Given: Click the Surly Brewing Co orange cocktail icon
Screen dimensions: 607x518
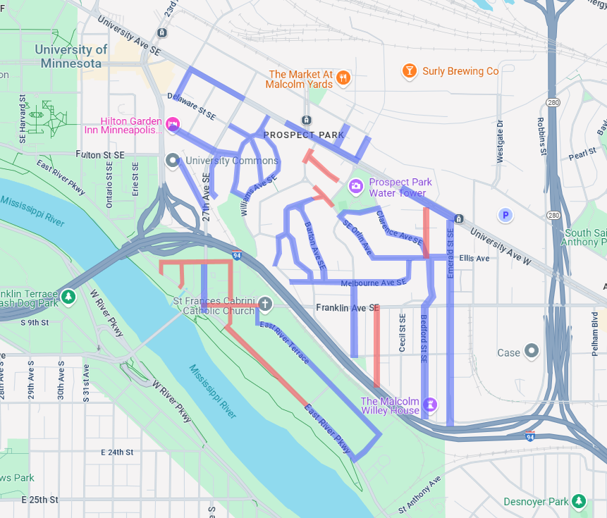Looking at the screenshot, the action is (408, 70).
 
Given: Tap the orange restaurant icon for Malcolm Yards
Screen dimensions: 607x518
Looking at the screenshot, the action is (343, 78).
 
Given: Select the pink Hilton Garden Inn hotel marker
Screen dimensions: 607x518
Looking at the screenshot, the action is (173, 125).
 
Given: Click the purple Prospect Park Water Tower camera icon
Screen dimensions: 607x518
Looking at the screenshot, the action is (357, 186).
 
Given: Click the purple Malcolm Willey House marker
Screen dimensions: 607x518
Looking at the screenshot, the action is (430, 405).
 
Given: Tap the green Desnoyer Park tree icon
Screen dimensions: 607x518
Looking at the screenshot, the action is (578, 501).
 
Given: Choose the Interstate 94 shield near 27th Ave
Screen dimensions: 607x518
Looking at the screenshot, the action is (236, 255).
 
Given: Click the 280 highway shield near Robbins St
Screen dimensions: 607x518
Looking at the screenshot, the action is (553, 103).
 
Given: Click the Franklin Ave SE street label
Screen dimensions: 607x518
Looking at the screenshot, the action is (348, 308).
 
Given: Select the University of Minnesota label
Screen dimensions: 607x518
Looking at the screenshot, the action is (71, 56).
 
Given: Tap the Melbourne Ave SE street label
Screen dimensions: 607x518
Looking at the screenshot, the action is (374, 283).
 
